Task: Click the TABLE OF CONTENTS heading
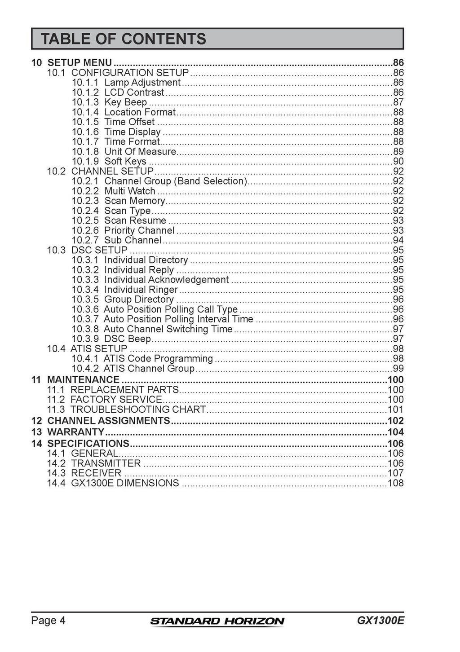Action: point(124,39)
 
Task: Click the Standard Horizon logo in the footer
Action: point(217,621)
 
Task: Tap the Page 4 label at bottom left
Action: point(48,621)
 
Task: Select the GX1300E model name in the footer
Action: point(380,621)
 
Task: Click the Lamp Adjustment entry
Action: point(142,83)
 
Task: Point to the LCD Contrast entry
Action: point(134,93)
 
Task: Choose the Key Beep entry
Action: point(125,102)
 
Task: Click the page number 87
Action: point(398,102)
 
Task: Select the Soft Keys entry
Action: point(125,161)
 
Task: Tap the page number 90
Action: point(398,162)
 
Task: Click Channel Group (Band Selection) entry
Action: point(175,181)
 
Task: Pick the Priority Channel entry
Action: point(139,230)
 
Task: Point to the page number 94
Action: point(398,240)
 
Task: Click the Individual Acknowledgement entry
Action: point(166,280)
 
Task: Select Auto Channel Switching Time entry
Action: point(168,329)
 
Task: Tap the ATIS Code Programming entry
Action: point(158,358)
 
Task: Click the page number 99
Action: point(398,369)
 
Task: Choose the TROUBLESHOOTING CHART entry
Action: point(138,409)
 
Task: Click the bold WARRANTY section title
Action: point(75,432)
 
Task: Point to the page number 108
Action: point(395,483)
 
